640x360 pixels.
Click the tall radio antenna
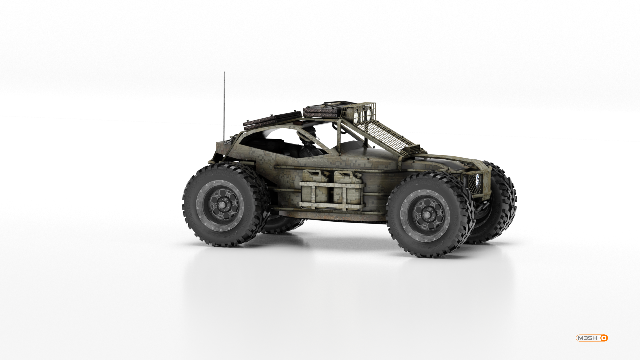(224, 105)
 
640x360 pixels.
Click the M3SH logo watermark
(592, 338)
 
